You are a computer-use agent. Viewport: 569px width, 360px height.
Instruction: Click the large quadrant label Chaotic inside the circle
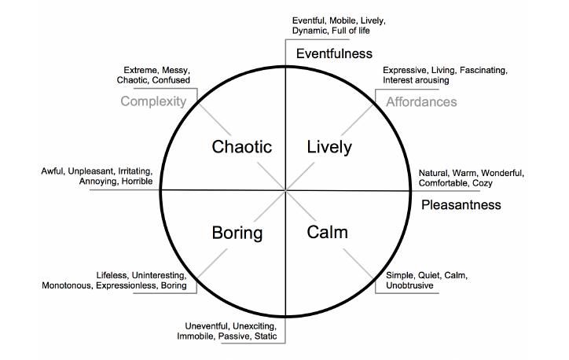(x=242, y=147)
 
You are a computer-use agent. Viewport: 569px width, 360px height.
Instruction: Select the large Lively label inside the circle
(x=329, y=147)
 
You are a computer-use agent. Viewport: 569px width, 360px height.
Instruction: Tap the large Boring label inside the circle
(x=237, y=233)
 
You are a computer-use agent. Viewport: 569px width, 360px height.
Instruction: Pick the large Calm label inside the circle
(x=327, y=232)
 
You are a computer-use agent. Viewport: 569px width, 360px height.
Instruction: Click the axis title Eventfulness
(x=334, y=53)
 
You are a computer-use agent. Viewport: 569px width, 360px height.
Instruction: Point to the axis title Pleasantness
(x=461, y=204)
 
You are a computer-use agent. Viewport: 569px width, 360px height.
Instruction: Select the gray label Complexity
(x=153, y=101)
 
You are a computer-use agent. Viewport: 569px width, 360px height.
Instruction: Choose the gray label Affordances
(x=421, y=102)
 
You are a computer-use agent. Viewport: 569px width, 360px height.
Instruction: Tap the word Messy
(x=175, y=70)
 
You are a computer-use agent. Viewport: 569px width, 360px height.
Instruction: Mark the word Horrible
(x=137, y=181)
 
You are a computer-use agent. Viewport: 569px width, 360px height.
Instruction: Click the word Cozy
(x=483, y=183)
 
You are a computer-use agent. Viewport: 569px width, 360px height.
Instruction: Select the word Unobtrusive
(x=409, y=285)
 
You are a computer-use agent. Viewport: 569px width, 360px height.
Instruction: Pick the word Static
(x=266, y=336)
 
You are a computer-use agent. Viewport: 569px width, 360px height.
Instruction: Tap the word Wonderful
(x=503, y=173)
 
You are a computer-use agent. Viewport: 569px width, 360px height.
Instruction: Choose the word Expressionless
(x=126, y=285)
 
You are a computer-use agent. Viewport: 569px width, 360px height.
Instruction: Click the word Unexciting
(x=255, y=326)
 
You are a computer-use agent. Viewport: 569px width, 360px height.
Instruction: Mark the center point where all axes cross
(x=285, y=190)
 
